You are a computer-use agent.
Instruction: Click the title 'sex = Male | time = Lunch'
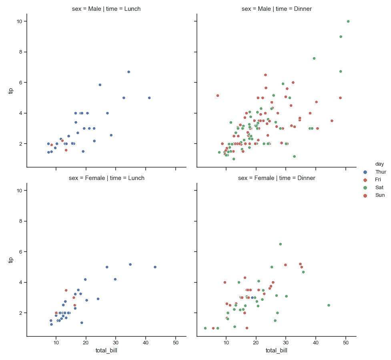(106, 9)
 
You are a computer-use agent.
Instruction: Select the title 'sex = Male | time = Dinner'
(277, 9)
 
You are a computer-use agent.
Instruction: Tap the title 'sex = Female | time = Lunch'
(106, 178)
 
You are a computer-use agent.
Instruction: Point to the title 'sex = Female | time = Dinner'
(277, 178)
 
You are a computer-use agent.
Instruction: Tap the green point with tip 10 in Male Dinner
(348, 21)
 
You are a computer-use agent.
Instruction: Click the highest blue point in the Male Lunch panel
(128, 72)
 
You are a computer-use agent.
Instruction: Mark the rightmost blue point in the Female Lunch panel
(155, 267)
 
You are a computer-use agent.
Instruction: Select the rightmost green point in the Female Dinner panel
(329, 305)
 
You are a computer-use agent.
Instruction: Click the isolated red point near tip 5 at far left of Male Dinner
(218, 96)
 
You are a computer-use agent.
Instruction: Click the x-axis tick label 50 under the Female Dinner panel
(346, 343)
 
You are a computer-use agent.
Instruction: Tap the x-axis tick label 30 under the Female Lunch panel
(116, 343)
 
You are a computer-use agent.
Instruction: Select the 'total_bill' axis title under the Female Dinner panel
(277, 351)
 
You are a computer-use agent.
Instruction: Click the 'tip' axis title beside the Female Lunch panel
(11, 260)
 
